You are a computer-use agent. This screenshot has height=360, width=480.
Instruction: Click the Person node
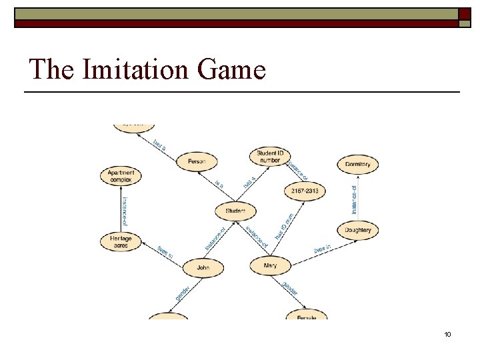pos(197,161)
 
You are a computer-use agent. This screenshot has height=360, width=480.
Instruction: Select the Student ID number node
pos(269,157)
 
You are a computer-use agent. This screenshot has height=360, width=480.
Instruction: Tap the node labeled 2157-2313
pos(304,191)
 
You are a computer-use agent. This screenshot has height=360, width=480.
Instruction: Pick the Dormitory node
pos(358,164)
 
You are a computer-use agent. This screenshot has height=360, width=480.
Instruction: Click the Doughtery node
pos(358,230)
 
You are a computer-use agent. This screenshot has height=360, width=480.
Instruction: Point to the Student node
pos(235,211)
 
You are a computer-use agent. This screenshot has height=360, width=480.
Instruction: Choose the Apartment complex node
pos(121,176)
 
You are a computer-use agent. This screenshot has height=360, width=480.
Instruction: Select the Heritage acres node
pos(121,241)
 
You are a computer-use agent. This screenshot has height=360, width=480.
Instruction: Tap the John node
pos(203,267)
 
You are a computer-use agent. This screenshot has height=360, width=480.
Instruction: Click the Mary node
pos(270,265)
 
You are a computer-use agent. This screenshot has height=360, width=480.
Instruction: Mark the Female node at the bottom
pos(307,316)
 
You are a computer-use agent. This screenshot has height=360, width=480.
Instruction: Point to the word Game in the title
pos(234,69)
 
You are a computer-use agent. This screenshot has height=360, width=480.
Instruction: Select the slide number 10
pos(447,333)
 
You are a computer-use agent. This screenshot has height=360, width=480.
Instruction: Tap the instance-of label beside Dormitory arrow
pos(354,199)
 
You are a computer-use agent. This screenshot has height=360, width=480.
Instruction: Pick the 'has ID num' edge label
pos(285,227)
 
